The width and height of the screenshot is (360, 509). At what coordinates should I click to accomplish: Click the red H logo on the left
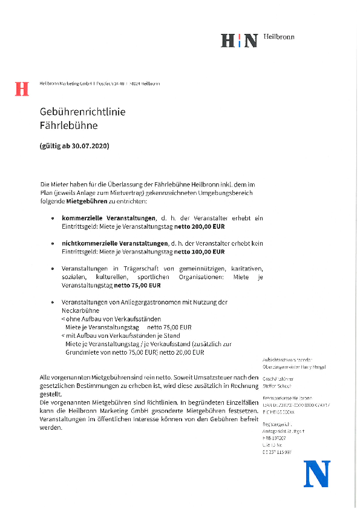click(22, 88)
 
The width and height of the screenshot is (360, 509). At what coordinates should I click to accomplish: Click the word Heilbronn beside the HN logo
click(279, 37)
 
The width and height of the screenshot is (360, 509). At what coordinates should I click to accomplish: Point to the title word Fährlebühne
click(68, 126)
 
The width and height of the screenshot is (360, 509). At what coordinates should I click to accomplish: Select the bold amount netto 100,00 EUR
click(200, 251)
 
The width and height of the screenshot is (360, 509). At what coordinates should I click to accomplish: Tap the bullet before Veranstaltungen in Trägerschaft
click(54, 268)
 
